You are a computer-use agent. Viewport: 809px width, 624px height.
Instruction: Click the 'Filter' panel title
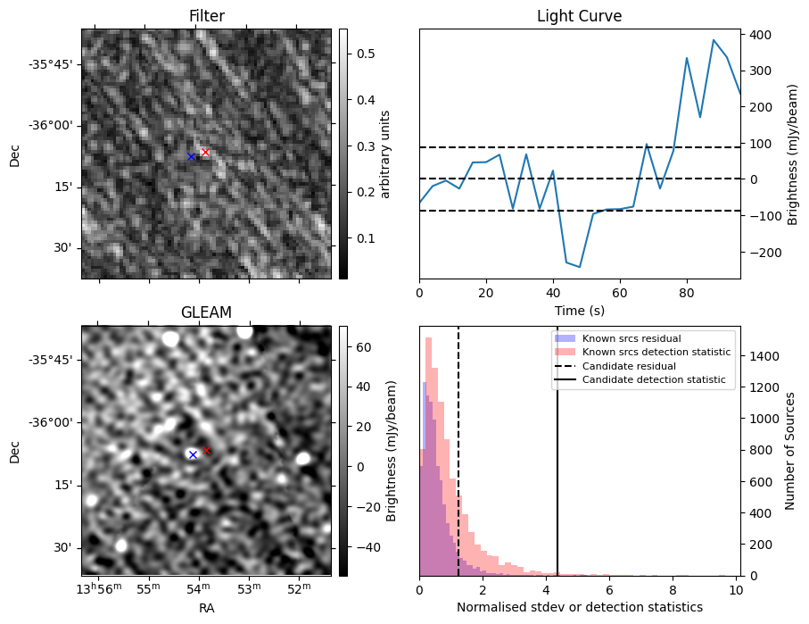click(206, 16)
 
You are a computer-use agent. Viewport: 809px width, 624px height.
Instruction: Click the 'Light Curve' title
click(579, 16)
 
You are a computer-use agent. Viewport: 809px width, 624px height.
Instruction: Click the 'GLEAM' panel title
click(206, 312)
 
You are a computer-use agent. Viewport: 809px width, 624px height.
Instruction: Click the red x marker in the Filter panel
click(205, 153)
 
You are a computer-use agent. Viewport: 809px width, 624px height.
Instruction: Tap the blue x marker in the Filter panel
click(191, 157)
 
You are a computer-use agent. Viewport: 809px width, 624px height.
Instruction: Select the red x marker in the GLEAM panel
click(206, 450)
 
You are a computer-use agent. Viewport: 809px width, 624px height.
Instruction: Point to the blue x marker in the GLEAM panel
click(193, 454)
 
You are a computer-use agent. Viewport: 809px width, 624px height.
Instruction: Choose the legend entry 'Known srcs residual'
click(632, 338)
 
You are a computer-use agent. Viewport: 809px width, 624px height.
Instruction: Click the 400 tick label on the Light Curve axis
click(760, 35)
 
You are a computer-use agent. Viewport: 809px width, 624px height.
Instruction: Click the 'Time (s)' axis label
click(579, 310)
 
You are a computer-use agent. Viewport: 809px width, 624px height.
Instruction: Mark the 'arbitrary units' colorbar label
click(385, 154)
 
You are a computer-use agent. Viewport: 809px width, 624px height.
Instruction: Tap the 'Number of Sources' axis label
click(790, 451)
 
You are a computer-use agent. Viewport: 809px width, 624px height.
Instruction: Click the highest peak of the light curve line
click(714, 40)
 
